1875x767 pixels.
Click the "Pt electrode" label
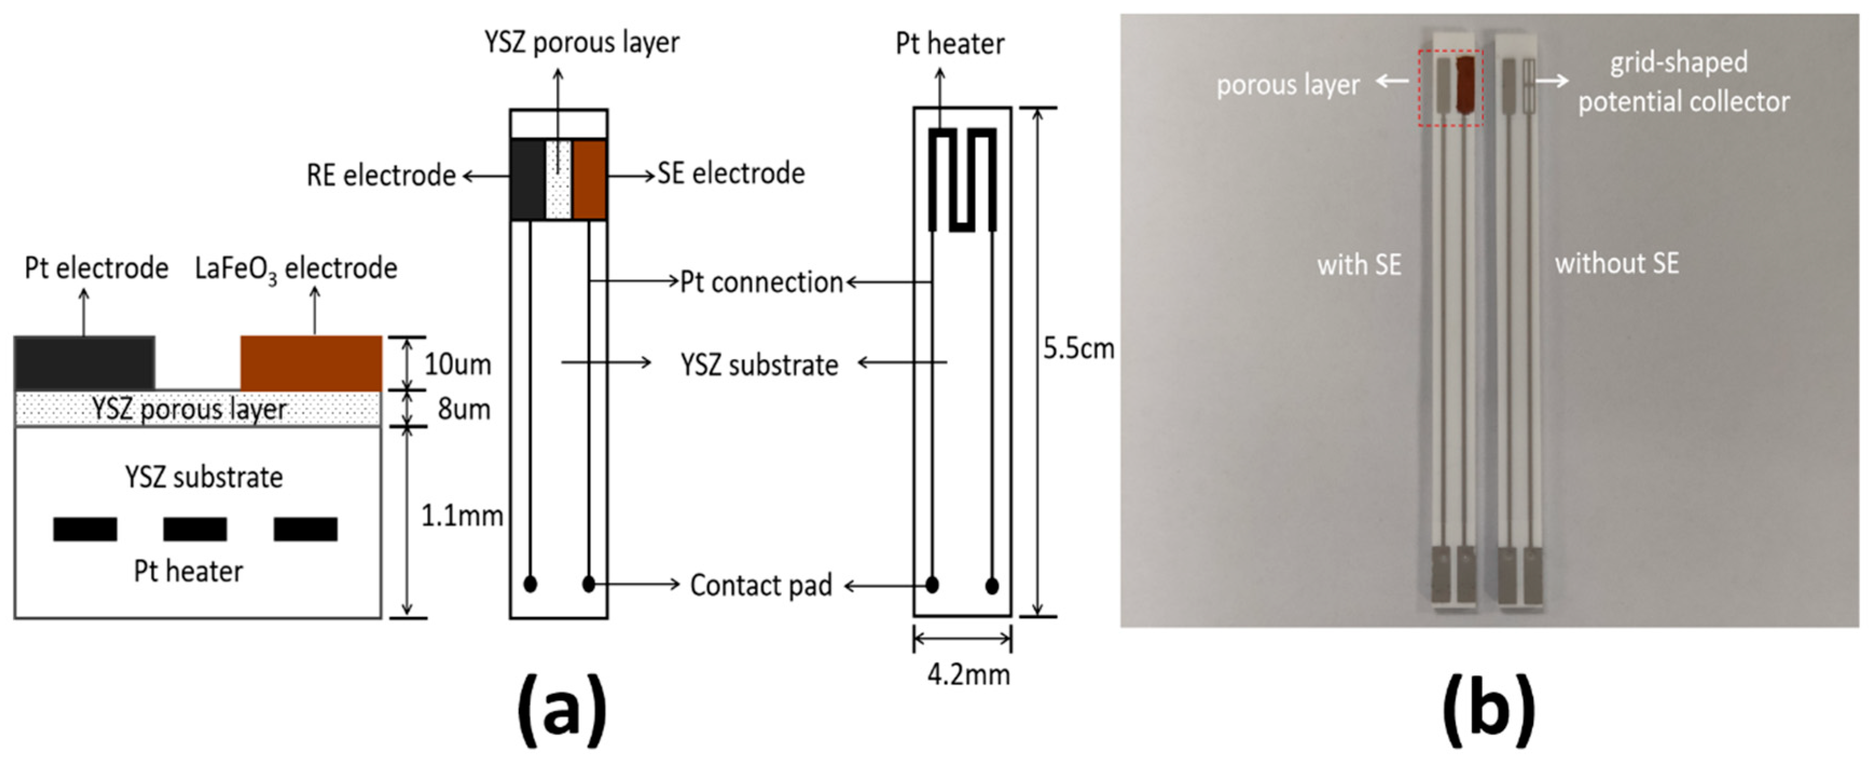96,268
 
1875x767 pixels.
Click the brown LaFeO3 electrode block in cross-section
311,362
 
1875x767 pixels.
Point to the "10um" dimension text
457,364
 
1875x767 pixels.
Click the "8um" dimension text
463,409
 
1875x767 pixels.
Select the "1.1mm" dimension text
461,516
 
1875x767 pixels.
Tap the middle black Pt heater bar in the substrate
195,529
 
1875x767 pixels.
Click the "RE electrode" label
380,175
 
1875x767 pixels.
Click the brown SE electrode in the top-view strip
589,179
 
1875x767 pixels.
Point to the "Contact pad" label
760,585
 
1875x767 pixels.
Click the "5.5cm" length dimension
1078,349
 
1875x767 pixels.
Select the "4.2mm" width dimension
968,675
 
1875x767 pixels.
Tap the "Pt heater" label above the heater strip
949,44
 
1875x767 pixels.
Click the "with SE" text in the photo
1358,265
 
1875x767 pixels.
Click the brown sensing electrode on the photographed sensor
1465,85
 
